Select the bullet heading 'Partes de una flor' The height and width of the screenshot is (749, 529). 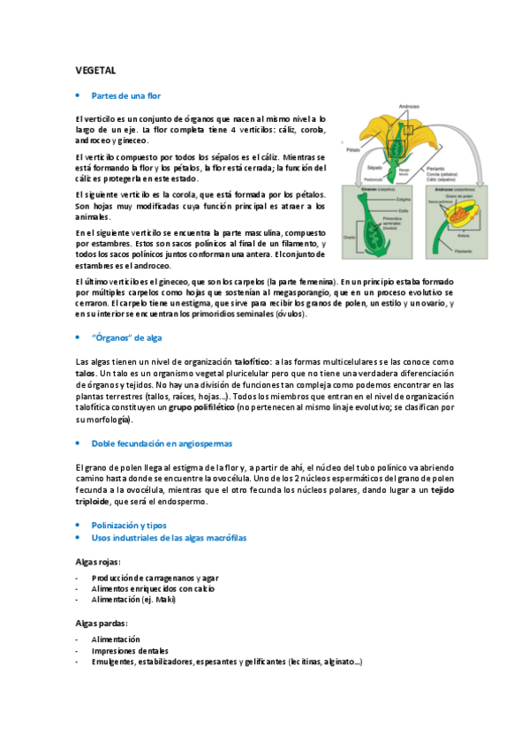pos(126,95)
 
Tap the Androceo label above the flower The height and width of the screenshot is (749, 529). pos(409,106)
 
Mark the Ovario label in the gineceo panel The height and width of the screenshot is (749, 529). pos(348,237)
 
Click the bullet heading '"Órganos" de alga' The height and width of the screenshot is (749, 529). pos(127,338)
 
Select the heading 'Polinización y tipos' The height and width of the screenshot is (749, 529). pos(129,525)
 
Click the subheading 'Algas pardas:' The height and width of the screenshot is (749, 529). pos(102,623)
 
